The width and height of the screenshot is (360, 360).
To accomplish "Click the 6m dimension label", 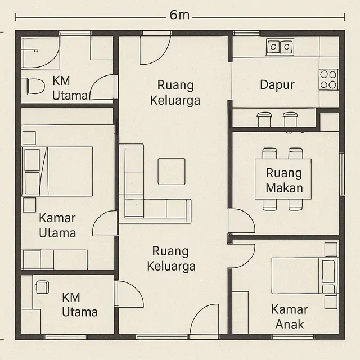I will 179,15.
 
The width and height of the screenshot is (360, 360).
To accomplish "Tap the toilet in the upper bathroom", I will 34,87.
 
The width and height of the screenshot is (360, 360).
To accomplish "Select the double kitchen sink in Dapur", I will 280,46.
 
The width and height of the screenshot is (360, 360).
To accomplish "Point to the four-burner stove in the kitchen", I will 328,80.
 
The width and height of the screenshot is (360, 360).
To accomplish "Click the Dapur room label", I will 277,85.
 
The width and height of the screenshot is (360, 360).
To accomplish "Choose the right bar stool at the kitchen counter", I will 290,119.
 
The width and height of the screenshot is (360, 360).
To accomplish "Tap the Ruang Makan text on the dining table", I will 284,180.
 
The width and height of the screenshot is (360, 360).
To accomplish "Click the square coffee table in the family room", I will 172,171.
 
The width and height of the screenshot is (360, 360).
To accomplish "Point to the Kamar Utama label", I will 57,225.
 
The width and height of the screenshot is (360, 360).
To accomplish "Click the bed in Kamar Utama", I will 59,171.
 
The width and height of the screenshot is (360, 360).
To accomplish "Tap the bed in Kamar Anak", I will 304,276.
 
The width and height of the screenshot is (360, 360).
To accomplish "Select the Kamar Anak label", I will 289,317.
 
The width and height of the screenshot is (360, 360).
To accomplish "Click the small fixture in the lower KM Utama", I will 40,286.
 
